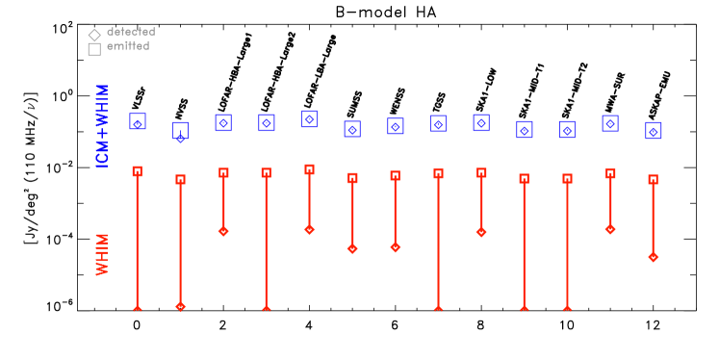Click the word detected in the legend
[x=131, y=32]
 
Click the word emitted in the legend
[x=128, y=46]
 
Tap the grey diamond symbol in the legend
[x=94, y=36]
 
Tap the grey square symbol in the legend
[x=94, y=49]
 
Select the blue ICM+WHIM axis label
[x=102, y=125]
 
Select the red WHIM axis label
[x=102, y=254]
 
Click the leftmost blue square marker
[x=138, y=121]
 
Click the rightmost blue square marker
[x=654, y=131]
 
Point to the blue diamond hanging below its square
[x=180, y=139]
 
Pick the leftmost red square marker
[x=137, y=171]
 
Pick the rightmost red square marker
[x=653, y=179]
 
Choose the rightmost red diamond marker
[x=654, y=257]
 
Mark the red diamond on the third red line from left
[x=223, y=231]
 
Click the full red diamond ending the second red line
[x=180, y=306]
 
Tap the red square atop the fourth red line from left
[x=266, y=173]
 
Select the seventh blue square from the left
[x=396, y=126]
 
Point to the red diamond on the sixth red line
[x=352, y=248]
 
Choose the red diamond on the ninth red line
[x=481, y=232]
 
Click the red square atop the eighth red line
[x=438, y=173]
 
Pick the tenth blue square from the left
[x=525, y=129]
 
